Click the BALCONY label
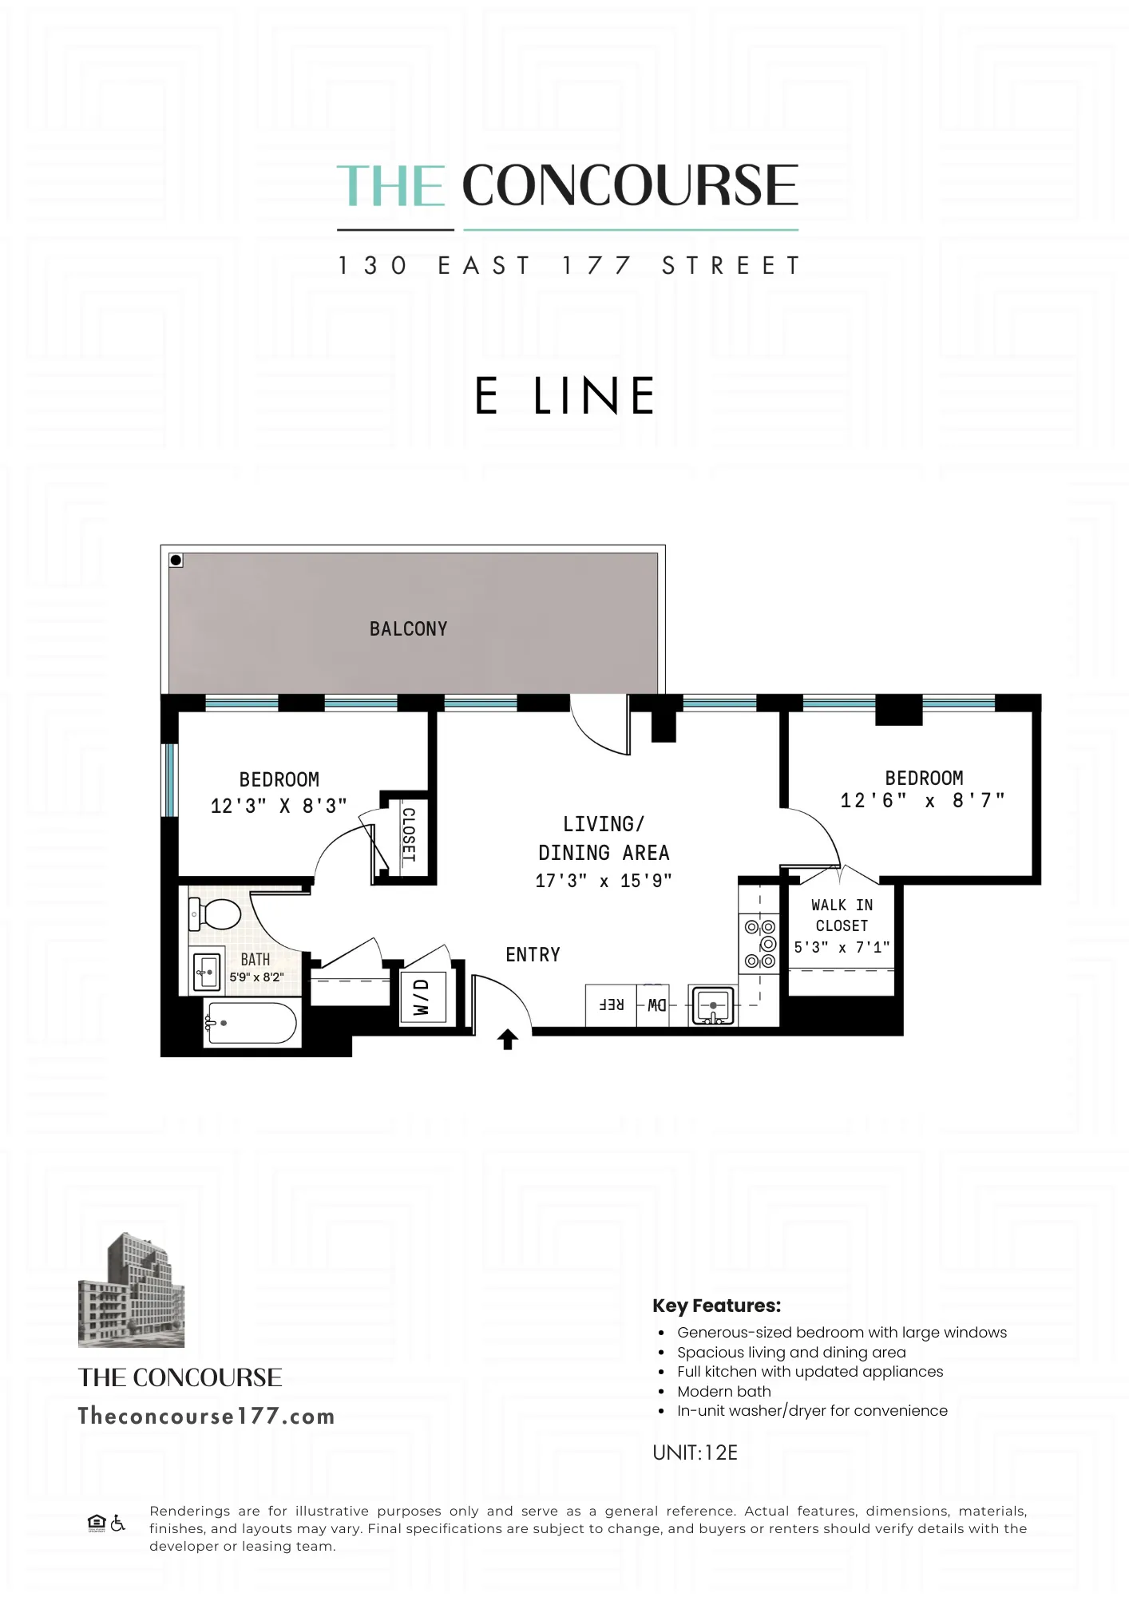point(408,629)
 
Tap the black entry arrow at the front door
point(508,1039)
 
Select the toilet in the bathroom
point(214,913)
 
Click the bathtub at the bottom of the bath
point(252,1023)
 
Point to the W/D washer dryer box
point(422,997)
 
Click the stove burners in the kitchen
point(760,944)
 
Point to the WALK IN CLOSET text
point(842,915)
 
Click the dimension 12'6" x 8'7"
point(922,801)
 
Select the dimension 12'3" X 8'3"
point(279,806)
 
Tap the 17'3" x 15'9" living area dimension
point(604,881)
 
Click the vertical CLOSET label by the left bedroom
point(408,834)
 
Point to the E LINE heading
point(564,396)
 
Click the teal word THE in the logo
point(390,186)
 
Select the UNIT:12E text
point(695,1452)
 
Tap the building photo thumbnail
point(131,1290)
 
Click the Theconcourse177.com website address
point(206,1417)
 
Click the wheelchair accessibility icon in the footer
point(118,1523)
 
